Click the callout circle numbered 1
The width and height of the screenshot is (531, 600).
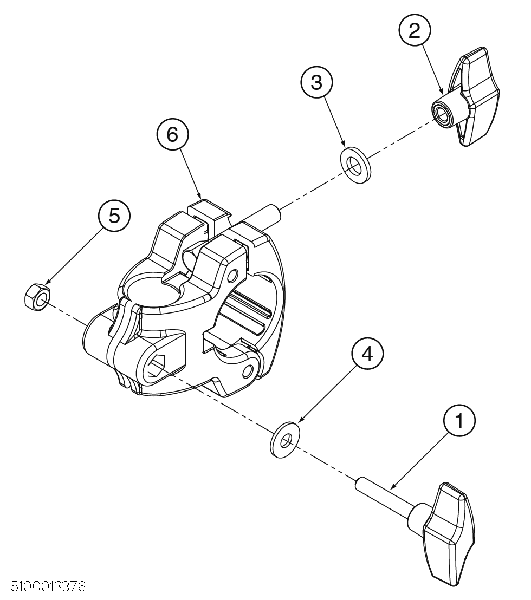coord(459,421)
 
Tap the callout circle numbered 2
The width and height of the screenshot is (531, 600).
coord(414,31)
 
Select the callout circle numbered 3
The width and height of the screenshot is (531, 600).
coord(316,82)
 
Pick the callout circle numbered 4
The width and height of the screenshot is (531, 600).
coord(367,354)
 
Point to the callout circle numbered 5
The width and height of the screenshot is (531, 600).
coord(114,216)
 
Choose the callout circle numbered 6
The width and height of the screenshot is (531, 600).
coord(172,134)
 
